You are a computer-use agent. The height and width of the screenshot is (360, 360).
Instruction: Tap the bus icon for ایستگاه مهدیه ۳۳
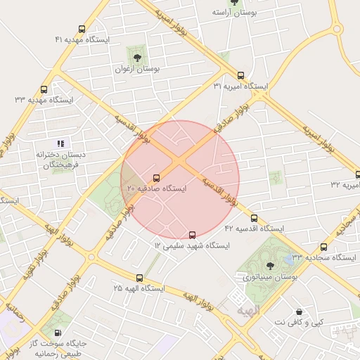pyautogui.click(x=44, y=90)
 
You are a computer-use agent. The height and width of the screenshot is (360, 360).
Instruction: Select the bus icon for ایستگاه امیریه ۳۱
pyautogui.click(x=241, y=75)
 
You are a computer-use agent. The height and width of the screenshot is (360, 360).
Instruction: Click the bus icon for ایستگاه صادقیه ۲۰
pyautogui.click(x=156, y=178)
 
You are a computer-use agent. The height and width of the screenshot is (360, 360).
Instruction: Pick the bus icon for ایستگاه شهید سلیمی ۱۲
pyautogui.click(x=193, y=235)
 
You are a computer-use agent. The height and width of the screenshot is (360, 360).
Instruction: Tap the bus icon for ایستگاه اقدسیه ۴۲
pyautogui.click(x=254, y=218)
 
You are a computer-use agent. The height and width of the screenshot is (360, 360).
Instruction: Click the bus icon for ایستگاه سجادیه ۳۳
pyautogui.click(x=323, y=247)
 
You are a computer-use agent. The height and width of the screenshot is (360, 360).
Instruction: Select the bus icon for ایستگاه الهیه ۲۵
pyautogui.click(x=139, y=278)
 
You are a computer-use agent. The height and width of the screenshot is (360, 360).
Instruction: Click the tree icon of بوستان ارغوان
pyautogui.click(x=137, y=58)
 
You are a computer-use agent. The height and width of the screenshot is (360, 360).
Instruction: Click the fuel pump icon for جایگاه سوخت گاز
pyautogui.click(x=57, y=333)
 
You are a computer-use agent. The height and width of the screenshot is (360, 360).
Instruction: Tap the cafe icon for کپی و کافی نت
pyautogui.click(x=300, y=311)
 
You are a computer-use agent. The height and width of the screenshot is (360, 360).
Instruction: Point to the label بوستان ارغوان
pyautogui.click(x=138, y=70)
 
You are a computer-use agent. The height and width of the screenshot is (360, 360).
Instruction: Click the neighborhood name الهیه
pyautogui.click(x=248, y=310)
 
